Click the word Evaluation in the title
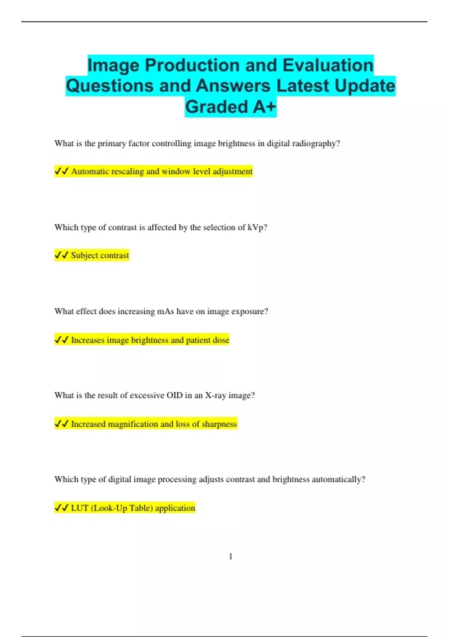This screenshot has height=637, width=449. [x=328, y=65]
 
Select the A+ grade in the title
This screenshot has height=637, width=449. [x=265, y=107]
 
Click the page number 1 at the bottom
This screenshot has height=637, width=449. [x=230, y=556]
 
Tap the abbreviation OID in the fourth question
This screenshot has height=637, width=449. [x=174, y=395]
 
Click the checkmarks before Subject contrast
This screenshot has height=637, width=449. [x=61, y=255]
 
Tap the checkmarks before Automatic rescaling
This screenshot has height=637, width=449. [x=61, y=171]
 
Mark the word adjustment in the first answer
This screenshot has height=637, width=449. [x=233, y=172]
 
